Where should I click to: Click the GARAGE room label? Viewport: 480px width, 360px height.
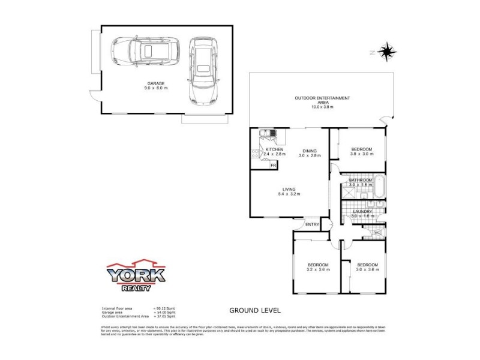pos(155,83)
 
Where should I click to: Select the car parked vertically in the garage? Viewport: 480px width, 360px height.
pos(202,70)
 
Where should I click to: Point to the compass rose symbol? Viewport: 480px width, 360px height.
pos(388,51)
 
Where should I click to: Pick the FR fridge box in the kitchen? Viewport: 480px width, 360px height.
pos(274,165)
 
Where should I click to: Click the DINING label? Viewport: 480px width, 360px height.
pos(310,151)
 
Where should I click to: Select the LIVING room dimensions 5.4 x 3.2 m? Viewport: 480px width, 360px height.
pos(289,194)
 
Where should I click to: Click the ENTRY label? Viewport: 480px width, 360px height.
pos(312,224)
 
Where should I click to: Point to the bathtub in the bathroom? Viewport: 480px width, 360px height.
pos(379,186)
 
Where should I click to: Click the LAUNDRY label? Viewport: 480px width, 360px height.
pos(362,211)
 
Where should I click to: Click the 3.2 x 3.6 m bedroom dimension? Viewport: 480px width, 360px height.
pos(318,270)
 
